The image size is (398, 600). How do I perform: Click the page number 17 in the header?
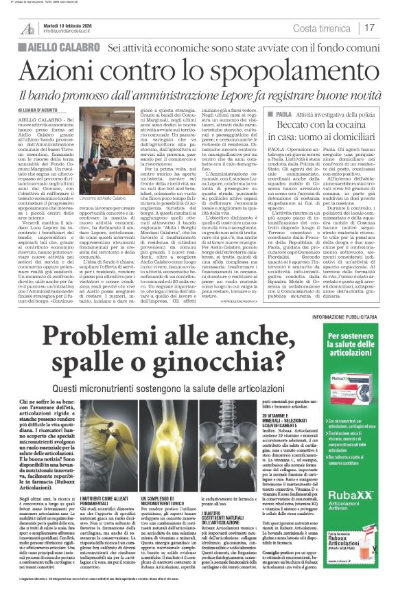370,27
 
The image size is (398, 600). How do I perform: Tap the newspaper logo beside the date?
27,28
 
